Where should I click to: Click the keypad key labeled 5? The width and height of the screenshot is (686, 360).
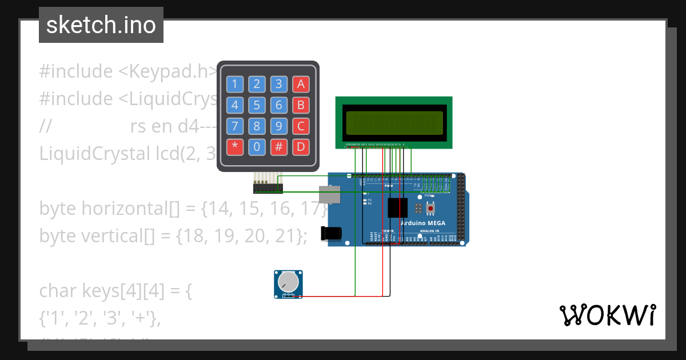click(x=257, y=105)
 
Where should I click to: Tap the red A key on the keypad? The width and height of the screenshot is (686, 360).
click(x=301, y=85)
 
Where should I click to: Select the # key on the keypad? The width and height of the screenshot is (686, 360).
click(x=278, y=147)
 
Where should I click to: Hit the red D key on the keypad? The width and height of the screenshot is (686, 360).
click(x=301, y=147)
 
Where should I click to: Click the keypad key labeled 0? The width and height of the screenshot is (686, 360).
click(x=257, y=147)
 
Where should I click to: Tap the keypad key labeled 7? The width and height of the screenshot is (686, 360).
click(x=235, y=126)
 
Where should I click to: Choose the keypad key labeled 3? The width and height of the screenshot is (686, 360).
click(x=278, y=85)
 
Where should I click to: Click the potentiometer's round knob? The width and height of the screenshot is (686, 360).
click(x=288, y=282)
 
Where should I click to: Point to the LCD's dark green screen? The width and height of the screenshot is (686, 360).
click(x=394, y=122)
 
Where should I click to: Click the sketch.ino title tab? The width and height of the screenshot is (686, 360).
click(x=101, y=25)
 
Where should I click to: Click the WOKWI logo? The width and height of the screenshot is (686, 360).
click(x=607, y=315)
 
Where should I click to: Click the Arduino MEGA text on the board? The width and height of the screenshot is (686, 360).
click(x=422, y=223)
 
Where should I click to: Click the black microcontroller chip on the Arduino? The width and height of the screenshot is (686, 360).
click(x=397, y=207)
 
